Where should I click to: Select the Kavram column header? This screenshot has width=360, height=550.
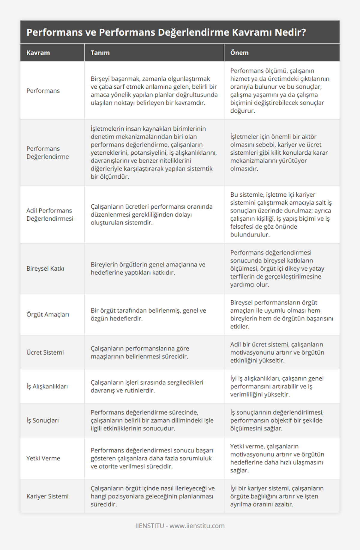coord(38,53)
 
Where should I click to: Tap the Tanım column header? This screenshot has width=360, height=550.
coord(100,53)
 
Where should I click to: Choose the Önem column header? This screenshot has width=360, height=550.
coord(239,53)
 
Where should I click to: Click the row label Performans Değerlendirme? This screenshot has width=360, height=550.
coord(47,153)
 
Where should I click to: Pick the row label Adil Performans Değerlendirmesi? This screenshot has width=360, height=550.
coord(49,215)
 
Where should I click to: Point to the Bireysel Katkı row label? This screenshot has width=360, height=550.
coord(45,269)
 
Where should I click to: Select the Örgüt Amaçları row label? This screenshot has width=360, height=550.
coord(48,314)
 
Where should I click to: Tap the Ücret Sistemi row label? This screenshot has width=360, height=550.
coord(45,352)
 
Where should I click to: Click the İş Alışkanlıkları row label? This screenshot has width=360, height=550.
coord(47,386)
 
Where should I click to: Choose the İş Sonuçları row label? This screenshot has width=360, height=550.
coord(43,420)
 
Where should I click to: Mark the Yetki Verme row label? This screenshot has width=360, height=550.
coord(43,458)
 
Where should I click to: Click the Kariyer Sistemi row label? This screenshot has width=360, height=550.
coord(47,496)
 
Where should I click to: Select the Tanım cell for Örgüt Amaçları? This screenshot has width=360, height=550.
coord(148,314)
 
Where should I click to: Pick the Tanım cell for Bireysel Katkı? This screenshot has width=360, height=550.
coord(148,269)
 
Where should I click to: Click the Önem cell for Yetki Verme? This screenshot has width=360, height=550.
coord(277,458)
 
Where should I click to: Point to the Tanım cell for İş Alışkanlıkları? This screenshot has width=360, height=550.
coord(147,386)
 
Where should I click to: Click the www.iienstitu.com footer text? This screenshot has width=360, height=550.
coord(197,526)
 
